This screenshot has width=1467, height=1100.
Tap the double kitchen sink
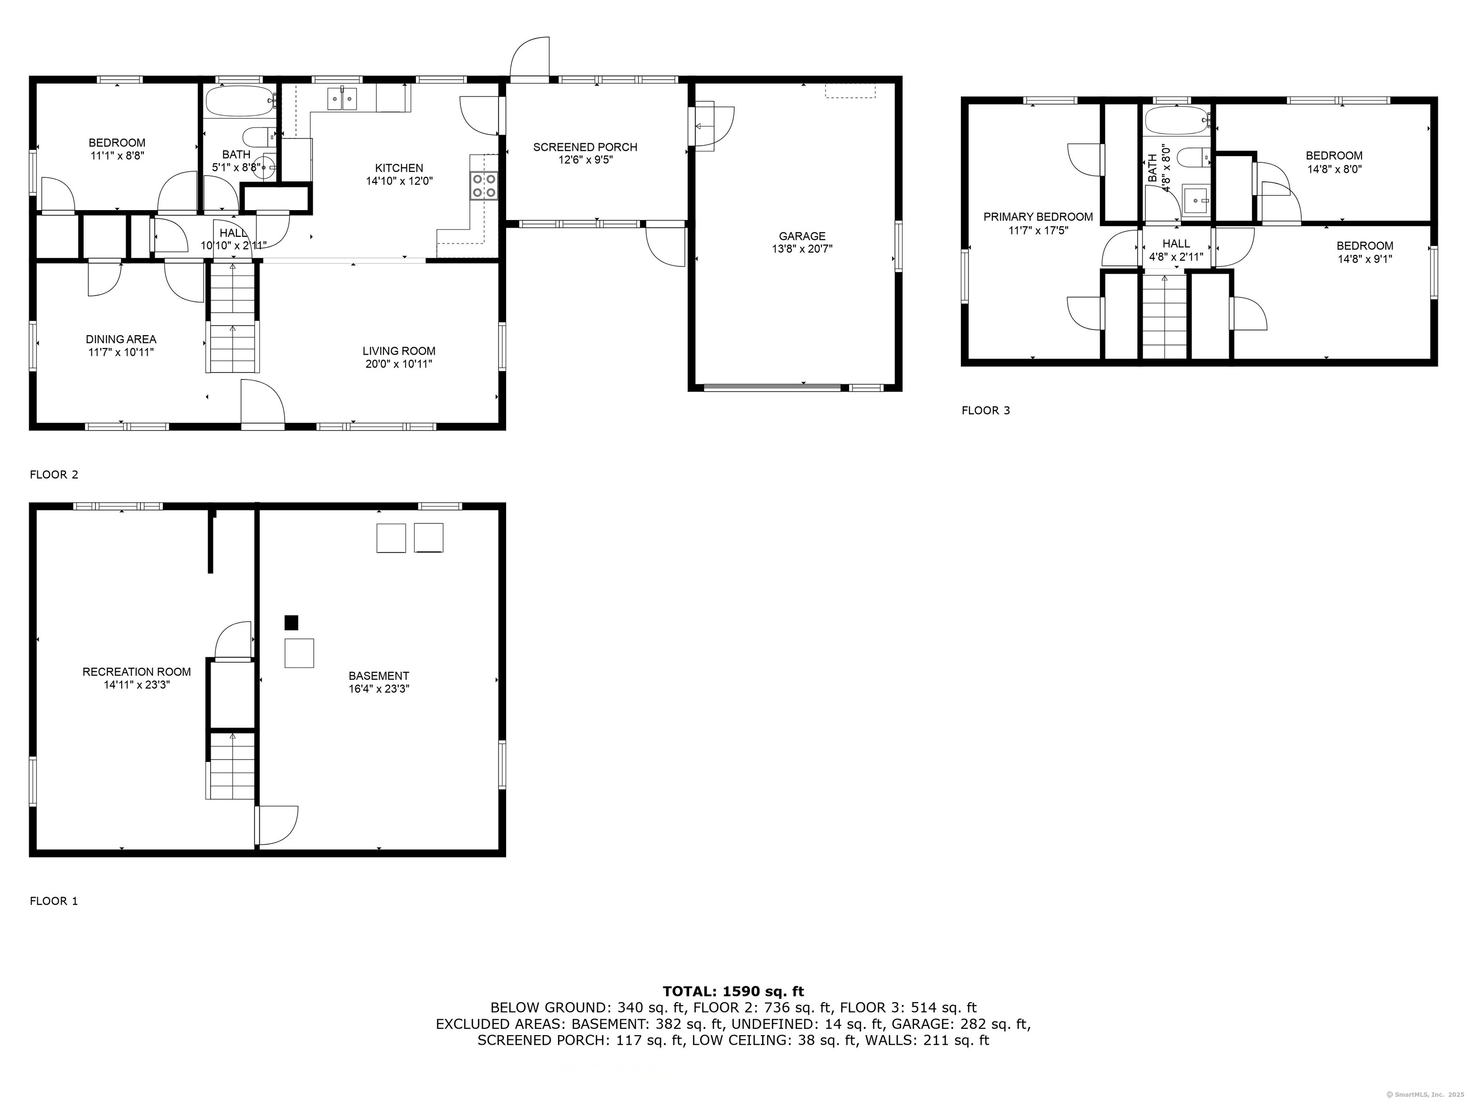(342, 99)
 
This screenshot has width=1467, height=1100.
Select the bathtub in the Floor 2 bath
(239, 101)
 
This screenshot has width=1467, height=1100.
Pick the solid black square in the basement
(291, 623)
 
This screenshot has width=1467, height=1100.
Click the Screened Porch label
(585, 147)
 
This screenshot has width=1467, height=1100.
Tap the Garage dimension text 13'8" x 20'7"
(802, 249)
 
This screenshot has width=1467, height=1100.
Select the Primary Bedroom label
(1038, 217)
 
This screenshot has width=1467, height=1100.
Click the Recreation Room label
(137, 672)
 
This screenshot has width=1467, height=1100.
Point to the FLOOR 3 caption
(986, 411)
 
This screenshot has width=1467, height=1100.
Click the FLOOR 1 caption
(53, 901)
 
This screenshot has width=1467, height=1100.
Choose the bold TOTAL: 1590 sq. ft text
(733, 991)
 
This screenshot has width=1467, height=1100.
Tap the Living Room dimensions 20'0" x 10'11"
(399, 364)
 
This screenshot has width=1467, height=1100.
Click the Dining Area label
(121, 339)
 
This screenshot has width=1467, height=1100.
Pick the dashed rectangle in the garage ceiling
(850, 91)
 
